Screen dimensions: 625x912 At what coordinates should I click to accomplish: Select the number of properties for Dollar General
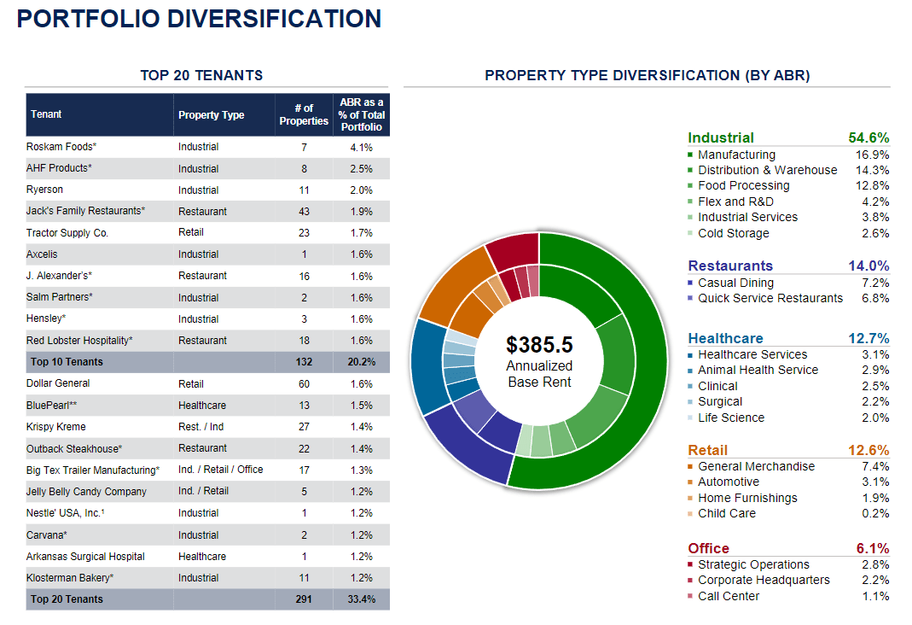(x=304, y=383)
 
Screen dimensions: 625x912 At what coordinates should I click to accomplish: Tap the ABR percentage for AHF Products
(x=361, y=169)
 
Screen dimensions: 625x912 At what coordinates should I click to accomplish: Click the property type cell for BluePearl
(x=202, y=406)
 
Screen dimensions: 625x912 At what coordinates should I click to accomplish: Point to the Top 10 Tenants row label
(x=67, y=362)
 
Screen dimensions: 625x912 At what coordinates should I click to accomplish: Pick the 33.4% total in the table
(x=362, y=599)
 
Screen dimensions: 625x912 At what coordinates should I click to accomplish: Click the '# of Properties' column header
(x=304, y=114)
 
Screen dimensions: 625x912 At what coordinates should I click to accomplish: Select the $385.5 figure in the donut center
(x=539, y=345)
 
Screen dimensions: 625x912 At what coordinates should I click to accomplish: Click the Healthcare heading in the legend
(x=725, y=338)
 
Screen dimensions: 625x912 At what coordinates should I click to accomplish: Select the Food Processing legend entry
(x=743, y=185)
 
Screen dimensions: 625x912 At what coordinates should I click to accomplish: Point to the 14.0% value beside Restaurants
(x=868, y=266)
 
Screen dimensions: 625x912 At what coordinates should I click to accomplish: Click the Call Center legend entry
(x=728, y=596)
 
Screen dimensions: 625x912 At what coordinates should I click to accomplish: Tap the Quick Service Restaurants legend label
(x=770, y=298)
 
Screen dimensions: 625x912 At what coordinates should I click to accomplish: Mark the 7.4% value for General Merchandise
(x=875, y=466)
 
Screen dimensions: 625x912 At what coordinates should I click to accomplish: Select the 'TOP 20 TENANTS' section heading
(x=201, y=76)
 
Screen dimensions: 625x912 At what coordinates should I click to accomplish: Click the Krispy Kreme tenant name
(x=56, y=427)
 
